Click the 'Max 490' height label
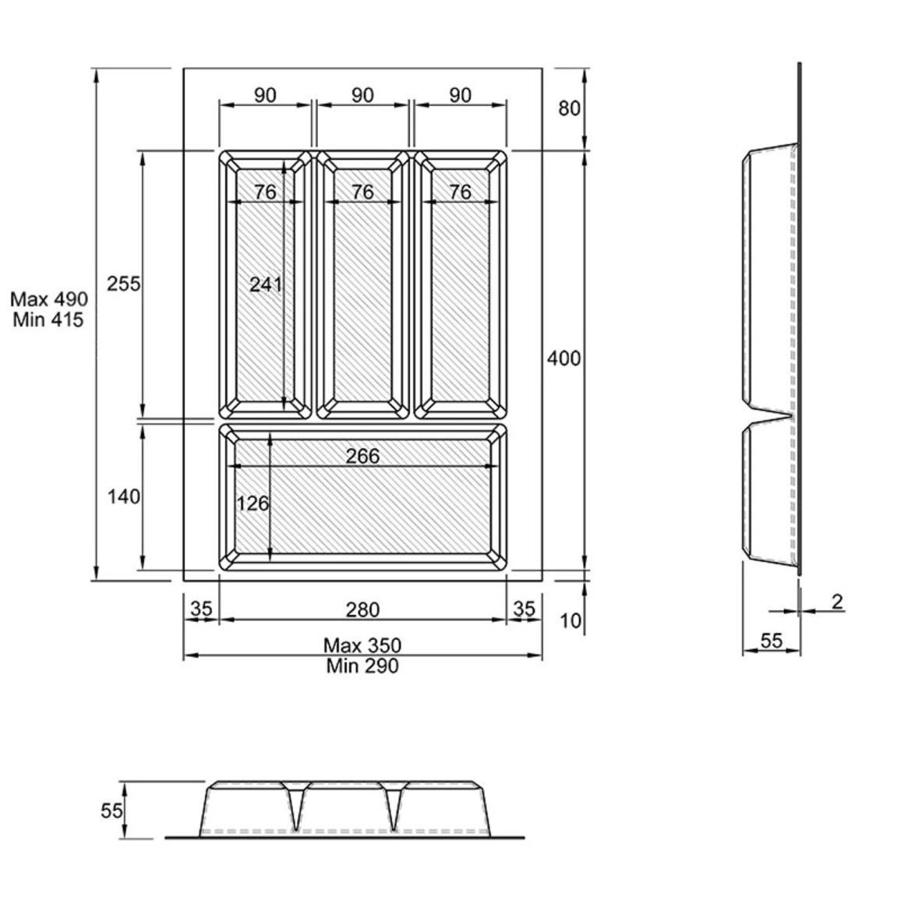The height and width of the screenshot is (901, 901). (49, 299)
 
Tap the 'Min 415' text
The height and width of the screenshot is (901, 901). (48, 320)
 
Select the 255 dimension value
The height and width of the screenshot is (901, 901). (124, 283)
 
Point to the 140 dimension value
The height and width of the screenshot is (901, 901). (124, 496)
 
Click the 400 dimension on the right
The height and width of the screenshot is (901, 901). (564, 359)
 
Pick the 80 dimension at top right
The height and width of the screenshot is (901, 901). (570, 108)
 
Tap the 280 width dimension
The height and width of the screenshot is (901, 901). (362, 609)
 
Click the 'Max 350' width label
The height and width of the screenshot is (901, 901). (362, 645)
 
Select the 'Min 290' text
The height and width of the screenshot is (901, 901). (362, 666)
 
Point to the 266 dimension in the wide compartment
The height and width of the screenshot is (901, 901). (362, 456)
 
